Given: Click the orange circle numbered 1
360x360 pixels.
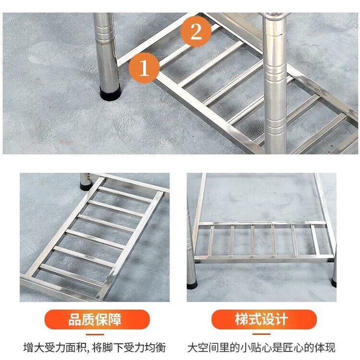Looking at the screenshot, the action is [144, 68].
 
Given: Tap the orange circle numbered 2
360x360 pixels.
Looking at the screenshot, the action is [196, 32].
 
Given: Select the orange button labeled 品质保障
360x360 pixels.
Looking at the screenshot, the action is [97, 319].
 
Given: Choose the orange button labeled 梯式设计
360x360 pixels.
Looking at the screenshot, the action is [264, 319].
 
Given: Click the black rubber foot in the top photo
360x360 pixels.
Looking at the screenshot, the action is [110, 93].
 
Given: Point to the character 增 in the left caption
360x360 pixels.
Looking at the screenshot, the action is [28, 348].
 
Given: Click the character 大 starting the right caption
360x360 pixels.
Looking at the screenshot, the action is [192, 348].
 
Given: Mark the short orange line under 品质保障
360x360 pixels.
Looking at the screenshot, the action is [95, 335].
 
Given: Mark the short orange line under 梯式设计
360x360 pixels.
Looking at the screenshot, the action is [261, 334].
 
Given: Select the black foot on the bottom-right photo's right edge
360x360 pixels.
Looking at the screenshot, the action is [334, 283].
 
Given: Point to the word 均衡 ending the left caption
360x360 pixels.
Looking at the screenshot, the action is [156, 348].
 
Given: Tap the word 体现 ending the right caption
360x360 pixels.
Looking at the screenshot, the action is [325, 348].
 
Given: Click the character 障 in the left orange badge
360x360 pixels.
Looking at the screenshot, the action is [115, 319].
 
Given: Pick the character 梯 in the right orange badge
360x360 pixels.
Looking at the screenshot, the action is [241, 319].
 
